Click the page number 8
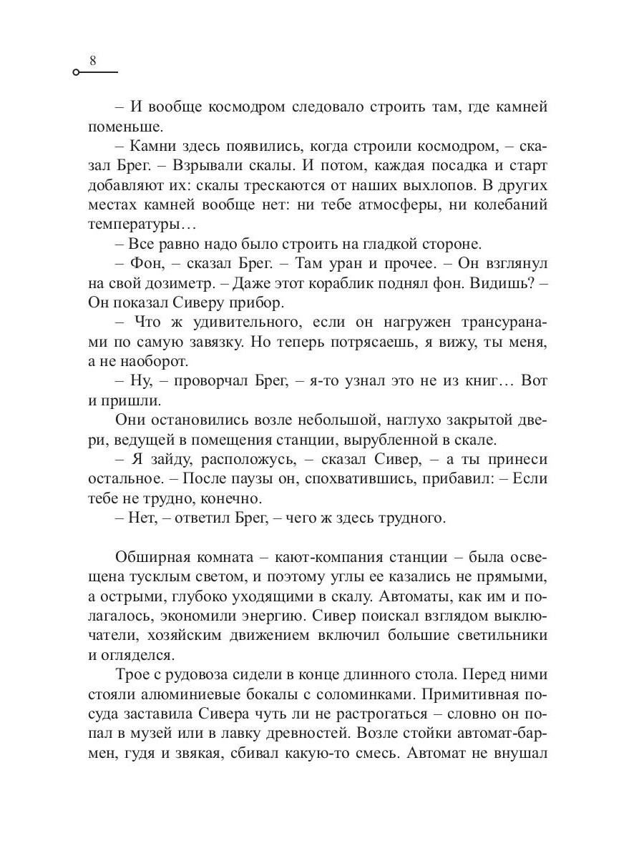click(93, 61)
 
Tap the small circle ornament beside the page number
click(76, 73)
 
